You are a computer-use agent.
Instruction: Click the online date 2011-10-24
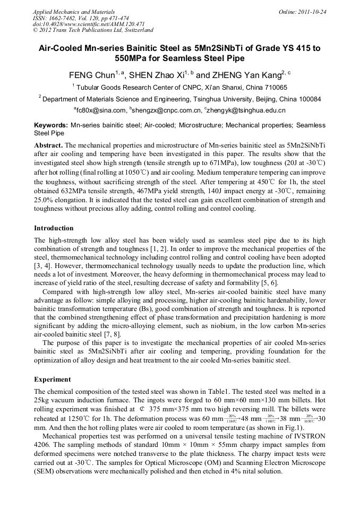click(x=312, y=11)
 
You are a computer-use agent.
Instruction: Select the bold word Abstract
click(x=49, y=145)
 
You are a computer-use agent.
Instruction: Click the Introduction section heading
click(x=54, y=228)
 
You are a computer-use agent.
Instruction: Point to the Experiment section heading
click(x=52, y=379)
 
